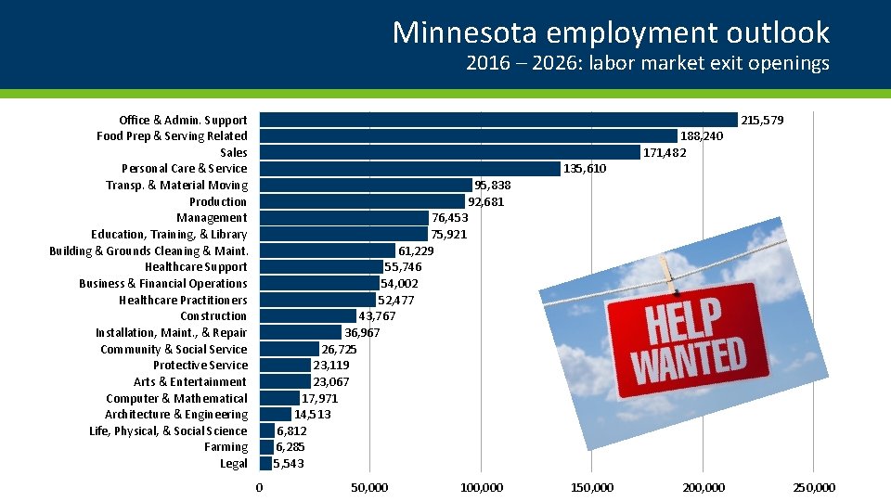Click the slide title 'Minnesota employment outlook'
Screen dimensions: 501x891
tap(610, 32)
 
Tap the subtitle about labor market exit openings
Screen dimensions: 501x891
tap(647, 64)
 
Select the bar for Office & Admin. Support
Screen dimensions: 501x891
tap(497, 120)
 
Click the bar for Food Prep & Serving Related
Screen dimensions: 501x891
tap(468, 136)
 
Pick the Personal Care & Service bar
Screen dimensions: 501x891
tap(409, 169)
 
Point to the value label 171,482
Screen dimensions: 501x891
tap(665, 153)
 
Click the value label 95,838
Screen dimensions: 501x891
tap(492, 186)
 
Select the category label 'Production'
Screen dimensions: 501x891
tap(218, 202)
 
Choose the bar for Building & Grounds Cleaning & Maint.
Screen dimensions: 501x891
tap(327, 250)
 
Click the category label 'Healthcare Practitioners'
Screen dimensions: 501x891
tap(183, 300)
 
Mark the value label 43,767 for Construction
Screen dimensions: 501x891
tap(377, 316)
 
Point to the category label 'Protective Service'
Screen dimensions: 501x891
tap(200, 366)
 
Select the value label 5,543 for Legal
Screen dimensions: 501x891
tap(288, 464)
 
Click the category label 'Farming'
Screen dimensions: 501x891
tap(226, 447)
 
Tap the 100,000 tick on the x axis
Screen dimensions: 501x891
tap(481, 488)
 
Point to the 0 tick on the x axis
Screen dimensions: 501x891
tap(259, 488)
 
